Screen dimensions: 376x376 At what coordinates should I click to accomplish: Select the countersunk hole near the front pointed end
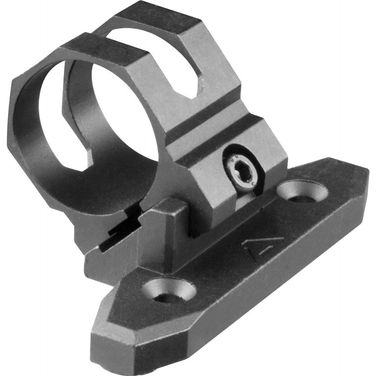167,290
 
